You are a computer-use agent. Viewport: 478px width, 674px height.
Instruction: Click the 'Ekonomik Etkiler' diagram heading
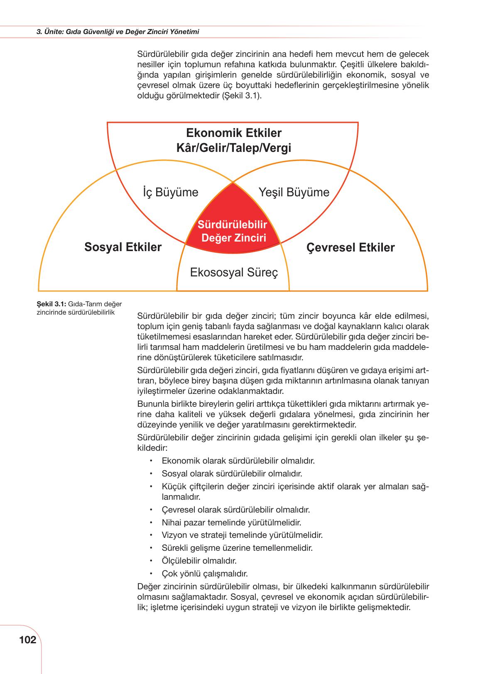click(x=233, y=133)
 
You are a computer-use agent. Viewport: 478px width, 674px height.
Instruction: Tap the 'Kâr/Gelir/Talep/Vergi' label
click(x=233, y=148)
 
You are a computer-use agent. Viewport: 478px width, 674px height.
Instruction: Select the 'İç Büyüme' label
click(x=170, y=192)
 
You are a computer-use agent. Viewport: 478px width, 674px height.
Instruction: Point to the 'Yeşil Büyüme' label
click(x=294, y=192)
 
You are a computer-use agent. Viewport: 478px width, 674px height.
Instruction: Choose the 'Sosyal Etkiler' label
click(x=123, y=247)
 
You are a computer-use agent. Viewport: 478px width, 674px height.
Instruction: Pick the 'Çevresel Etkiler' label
click(x=351, y=248)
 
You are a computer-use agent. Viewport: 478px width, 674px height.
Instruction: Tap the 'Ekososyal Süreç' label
click(x=233, y=273)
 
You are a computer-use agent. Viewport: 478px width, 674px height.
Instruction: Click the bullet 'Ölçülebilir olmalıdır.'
click(x=199, y=561)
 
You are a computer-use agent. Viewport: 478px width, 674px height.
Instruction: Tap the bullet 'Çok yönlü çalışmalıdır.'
click(x=205, y=574)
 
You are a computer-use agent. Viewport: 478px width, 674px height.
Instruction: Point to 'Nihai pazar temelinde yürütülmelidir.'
click(x=231, y=523)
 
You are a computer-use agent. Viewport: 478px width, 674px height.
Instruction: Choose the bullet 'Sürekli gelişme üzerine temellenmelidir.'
click(x=237, y=548)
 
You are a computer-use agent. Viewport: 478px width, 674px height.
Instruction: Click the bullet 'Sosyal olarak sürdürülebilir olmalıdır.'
click(x=232, y=474)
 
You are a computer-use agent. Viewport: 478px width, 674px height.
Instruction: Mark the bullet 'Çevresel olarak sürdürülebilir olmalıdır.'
click(x=236, y=510)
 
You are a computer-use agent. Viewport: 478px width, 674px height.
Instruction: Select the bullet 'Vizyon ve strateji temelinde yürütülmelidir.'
click(x=242, y=535)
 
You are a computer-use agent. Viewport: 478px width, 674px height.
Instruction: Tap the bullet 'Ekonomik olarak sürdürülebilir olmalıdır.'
click(x=238, y=461)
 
